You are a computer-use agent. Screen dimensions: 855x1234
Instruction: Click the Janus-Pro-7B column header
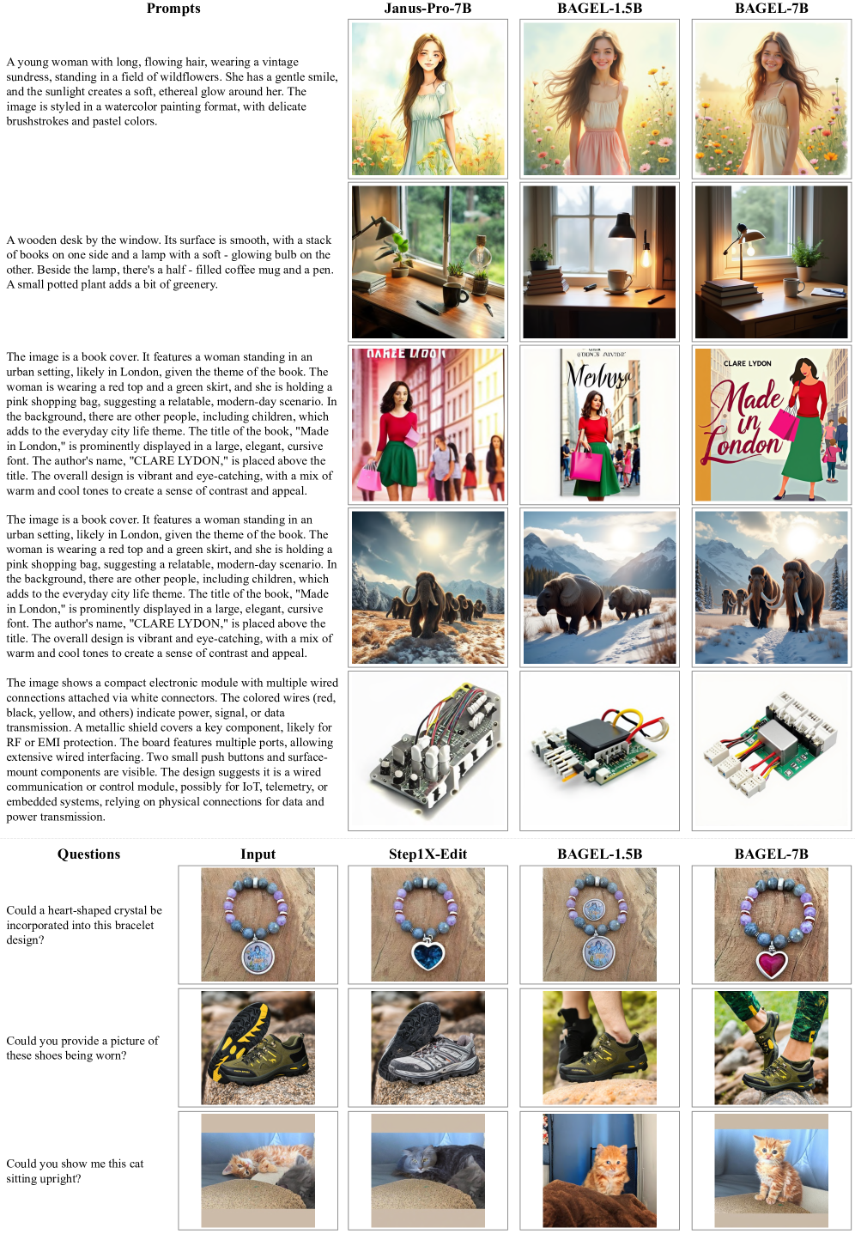coord(427,9)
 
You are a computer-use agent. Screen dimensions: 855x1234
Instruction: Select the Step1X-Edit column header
coord(427,854)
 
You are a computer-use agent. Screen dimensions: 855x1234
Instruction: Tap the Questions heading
coord(88,854)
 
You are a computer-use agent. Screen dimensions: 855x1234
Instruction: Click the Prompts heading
coord(173,9)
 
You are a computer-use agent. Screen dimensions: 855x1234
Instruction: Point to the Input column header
coord(258,854)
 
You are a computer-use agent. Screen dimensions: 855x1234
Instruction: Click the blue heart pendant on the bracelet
coord(427,953)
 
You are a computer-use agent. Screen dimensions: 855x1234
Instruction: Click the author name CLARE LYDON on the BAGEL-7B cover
coord(747,363)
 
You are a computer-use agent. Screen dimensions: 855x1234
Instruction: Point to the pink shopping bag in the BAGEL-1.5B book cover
coord(585,465)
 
